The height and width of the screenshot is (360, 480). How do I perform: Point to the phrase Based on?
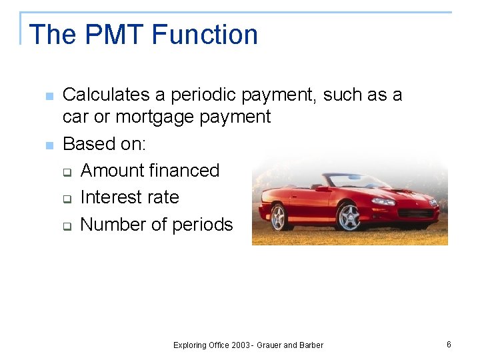(104, 144)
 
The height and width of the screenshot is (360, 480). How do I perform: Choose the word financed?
(184, 171)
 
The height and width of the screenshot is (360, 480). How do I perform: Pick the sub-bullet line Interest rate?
(129, 197)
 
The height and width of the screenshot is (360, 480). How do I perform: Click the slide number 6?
(449, 344)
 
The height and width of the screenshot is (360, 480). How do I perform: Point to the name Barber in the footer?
(311, 345)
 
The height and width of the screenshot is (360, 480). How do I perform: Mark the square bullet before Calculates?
(48, 97)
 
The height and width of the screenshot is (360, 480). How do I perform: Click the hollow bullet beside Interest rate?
(67, 199)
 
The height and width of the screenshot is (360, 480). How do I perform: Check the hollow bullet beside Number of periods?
(67, 225)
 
